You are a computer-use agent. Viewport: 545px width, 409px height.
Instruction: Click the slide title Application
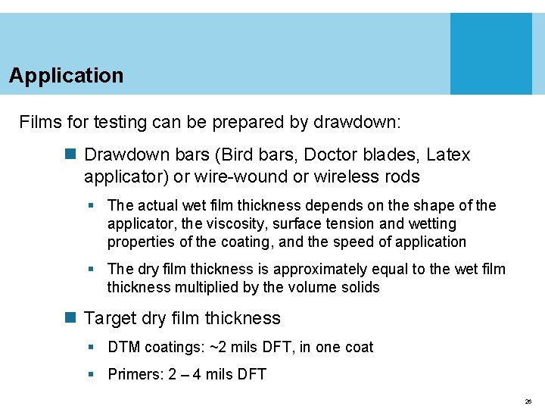coord(66,76)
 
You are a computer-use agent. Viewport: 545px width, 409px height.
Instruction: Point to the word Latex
coord(448,155)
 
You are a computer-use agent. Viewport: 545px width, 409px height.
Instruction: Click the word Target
coord(111,318)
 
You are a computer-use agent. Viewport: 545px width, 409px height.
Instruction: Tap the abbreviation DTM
coord(124,347)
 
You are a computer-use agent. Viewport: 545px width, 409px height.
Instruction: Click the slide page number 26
coord(527,401)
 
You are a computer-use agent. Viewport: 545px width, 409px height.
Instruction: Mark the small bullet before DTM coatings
coord(91,348)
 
